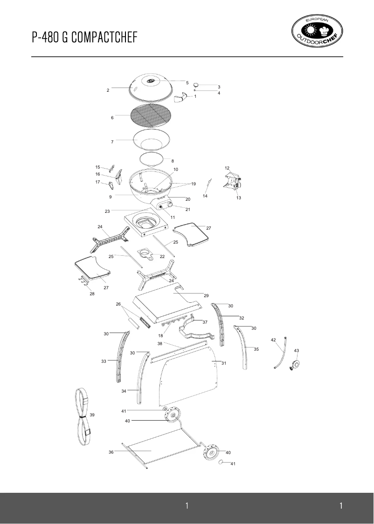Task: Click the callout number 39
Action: (92, 415)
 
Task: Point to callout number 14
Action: (205, 196)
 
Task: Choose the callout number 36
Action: (111, 452)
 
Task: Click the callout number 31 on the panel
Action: (223, 363)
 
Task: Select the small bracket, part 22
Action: (146, 253)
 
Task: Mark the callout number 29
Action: (206, 296)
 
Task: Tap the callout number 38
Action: (159, 344)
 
